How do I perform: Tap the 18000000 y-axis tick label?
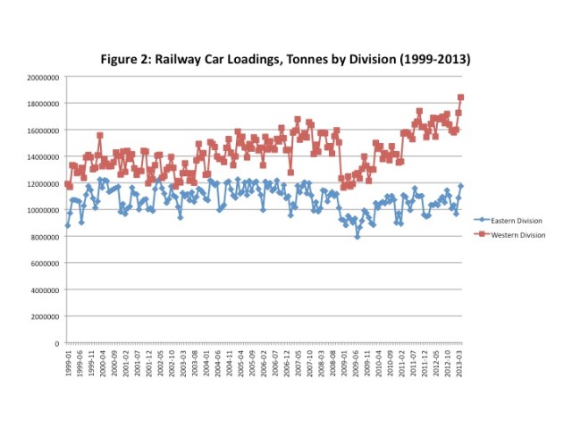coord(42,104)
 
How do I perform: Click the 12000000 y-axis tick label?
coord(42,183)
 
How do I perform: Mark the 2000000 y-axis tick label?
coord(44,316)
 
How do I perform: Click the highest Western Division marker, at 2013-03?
coord(461,97)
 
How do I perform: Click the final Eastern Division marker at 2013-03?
coord(461,186)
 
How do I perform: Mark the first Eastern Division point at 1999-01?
coord(68,225)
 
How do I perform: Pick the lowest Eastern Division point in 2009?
coord(357,237)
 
